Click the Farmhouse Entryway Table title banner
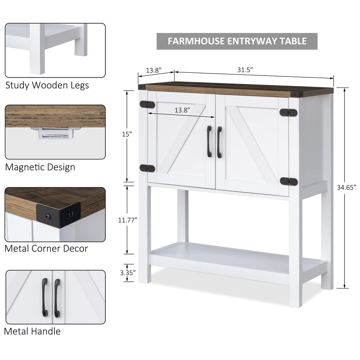click(x=237, y=41)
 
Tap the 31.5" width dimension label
click(x=245, y=70)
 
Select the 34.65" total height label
click(x=346, y=187)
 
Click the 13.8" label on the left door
click(x=182, y=110)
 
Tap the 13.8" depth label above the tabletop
click(x=154, y=70)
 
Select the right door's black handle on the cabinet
click(x=219, y=142)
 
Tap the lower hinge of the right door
click(x=289, y=181)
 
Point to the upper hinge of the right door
click(x=288, y=112)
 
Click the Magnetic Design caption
click(x=40, y=167)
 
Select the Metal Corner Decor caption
click(x=46, y=248)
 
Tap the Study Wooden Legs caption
click(x=47, y=85)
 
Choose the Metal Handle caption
click(x=32, y=331)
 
